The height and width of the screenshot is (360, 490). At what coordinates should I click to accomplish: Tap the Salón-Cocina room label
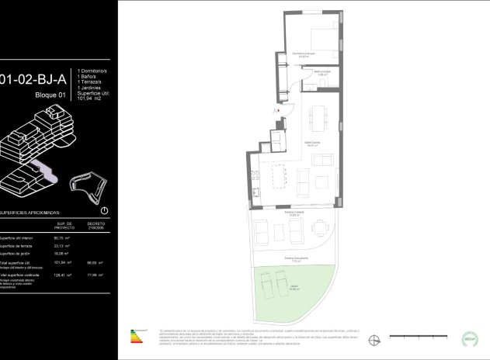click(313, 144)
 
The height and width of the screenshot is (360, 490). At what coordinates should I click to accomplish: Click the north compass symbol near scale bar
click(376, 337)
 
